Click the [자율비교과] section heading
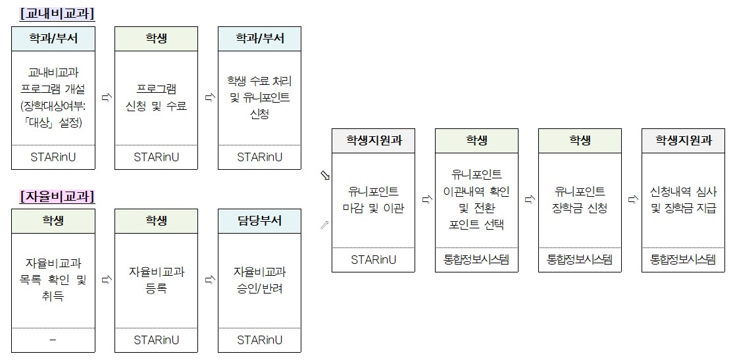[57, 196]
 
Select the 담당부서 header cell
[259, 220]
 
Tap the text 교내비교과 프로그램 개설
[53, 81]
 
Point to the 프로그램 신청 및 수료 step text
[156, 97]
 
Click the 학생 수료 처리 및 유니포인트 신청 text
[259, 97]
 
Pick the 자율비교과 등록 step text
[156, 280]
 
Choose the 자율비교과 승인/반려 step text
[259, 280]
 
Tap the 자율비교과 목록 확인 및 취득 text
[53, 280]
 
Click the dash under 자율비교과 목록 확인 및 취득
[53, 340]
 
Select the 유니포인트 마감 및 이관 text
[373, 199]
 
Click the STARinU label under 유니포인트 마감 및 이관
[373, 260]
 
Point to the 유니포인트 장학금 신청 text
[580, 199]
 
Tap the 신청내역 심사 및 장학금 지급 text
[683, 199]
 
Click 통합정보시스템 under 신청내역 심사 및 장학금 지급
[683, 260]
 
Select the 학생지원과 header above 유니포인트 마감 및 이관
[373, 140]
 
